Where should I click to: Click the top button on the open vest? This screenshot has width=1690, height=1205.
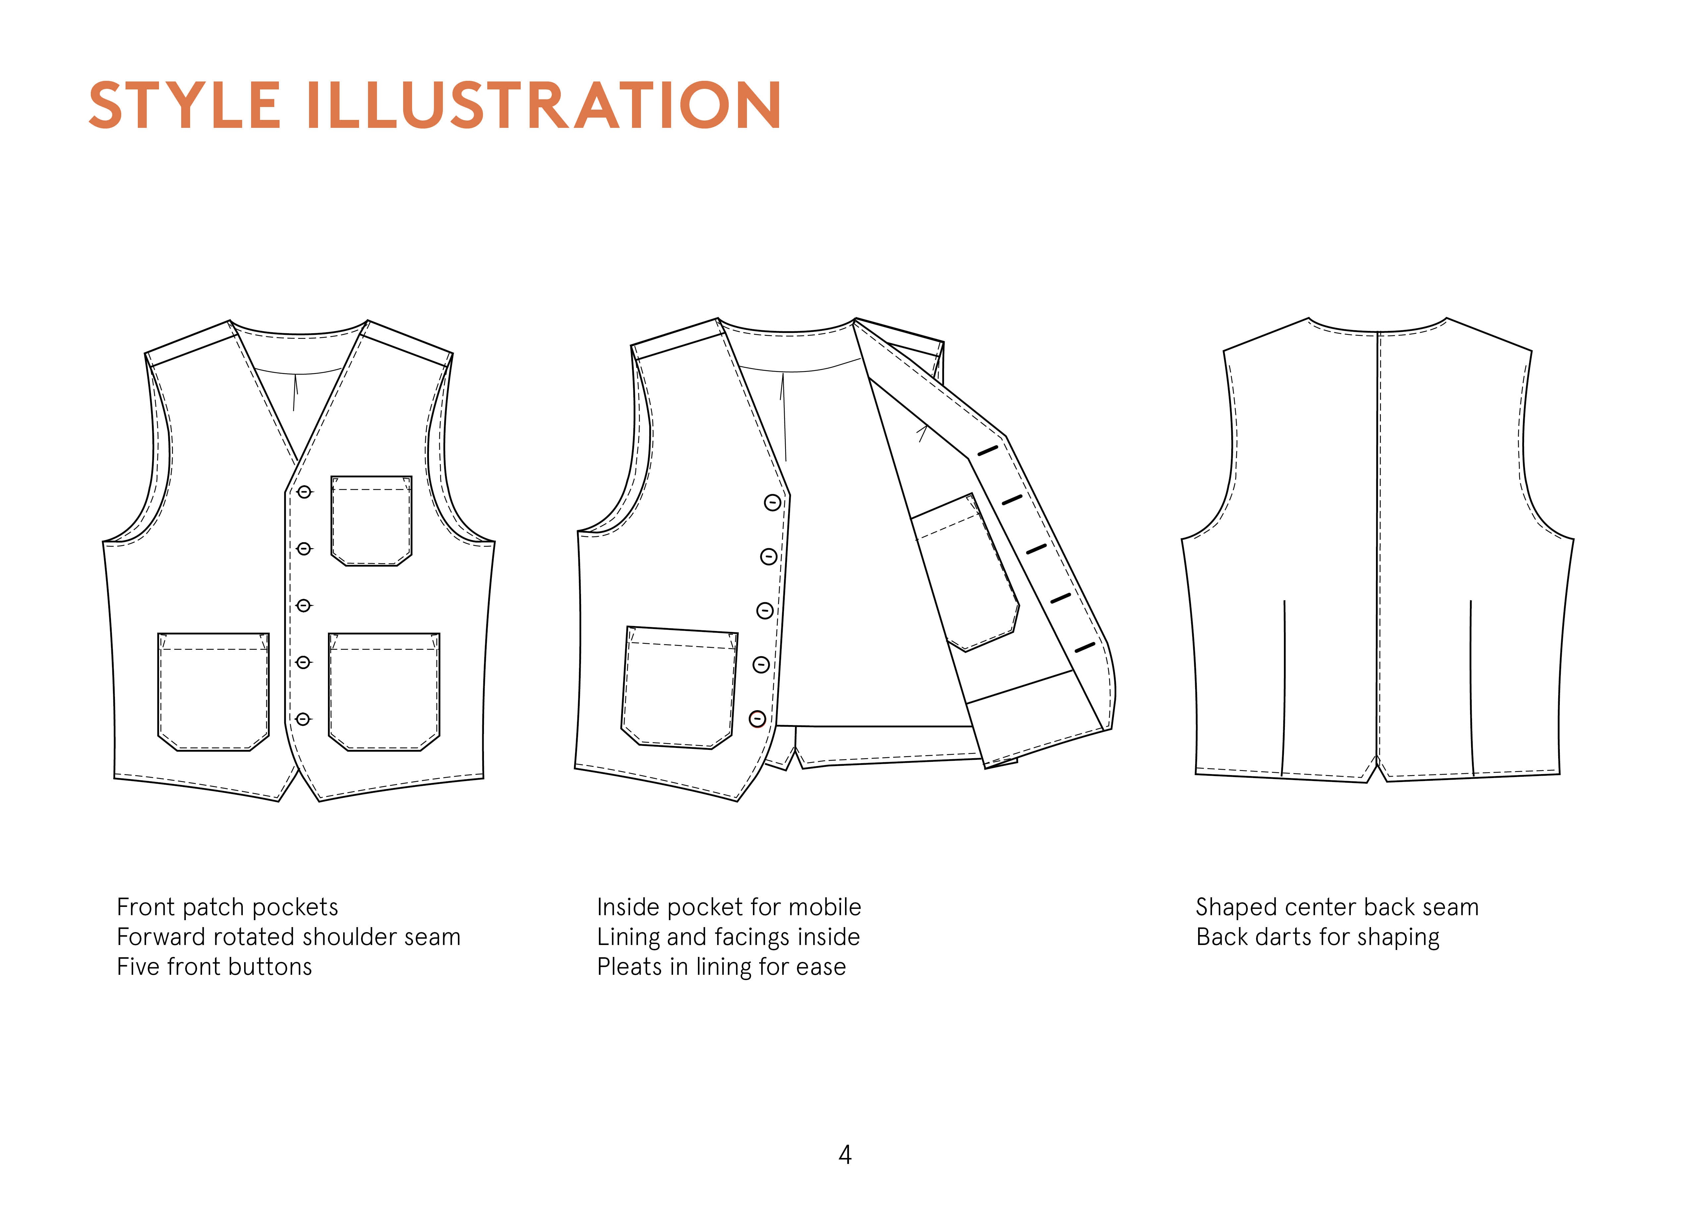point(772,503)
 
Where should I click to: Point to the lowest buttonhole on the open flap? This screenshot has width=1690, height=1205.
point(1084,648)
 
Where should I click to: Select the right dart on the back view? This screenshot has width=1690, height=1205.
point(1471,686)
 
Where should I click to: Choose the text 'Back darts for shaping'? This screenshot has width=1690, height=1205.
point(1318,937)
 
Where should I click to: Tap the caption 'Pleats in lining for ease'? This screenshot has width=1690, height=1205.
point(721,967)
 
